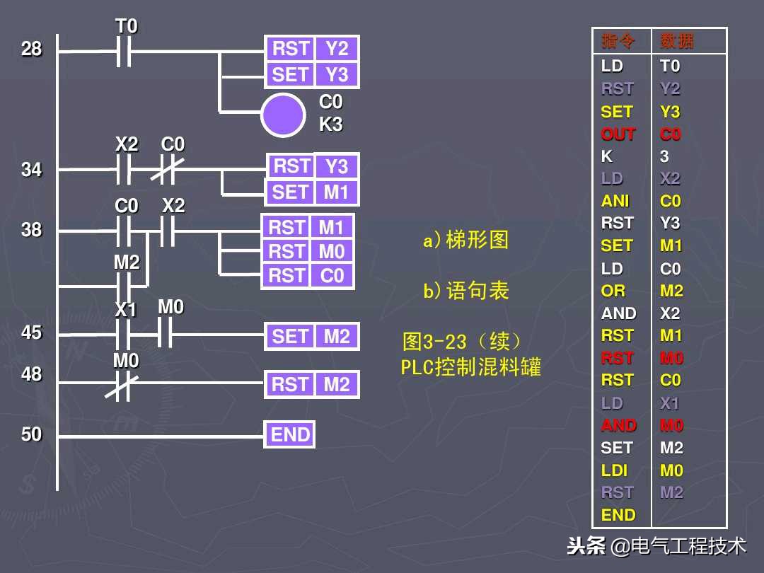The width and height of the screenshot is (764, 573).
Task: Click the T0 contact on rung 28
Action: pyautogui.click(x=124, y=52)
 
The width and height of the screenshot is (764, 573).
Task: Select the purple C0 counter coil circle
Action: pyautogui.click(x=283, y=115)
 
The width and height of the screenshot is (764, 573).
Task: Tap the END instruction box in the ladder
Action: pyautogui.click(x=290, y=434)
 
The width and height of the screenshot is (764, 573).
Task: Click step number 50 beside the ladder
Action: pyautogui.click(x=31, y=434)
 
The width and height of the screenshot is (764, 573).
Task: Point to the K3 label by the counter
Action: pyautogui.click(x=330, y=125)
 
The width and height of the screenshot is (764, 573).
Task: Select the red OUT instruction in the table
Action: pyautogui.click(x=618, y=134)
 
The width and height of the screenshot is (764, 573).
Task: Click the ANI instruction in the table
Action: pyautogui.click(x=615, y=201)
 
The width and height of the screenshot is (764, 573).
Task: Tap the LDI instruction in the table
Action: pyautogui.click(x=614, y=470)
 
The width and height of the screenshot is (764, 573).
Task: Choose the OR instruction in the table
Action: pyautogui.click(x=613, y=291)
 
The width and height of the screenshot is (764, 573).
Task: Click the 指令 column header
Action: pyautogui.click(x=618, y=41)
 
